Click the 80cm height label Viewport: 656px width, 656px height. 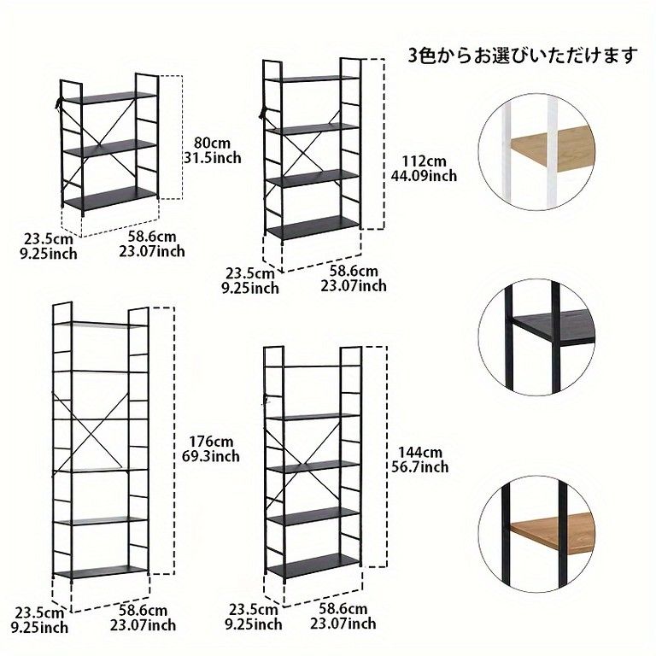(x=212, y=143)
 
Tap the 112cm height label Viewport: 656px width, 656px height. (x=425, y=161)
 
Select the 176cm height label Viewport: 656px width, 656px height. (x=212, y=442)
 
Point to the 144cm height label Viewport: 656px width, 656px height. (x=419, y=452)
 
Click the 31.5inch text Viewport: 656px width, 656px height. (x=213, y=158)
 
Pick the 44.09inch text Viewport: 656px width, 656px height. (x=424, y=176)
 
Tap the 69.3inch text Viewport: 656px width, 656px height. (x=211, y=456)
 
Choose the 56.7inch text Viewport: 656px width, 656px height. (x=419, y=467)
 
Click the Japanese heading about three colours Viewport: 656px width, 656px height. (x=523, y=56)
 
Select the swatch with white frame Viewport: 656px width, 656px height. (x=536, y=152)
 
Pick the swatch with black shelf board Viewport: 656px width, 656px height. (x=536, y=337)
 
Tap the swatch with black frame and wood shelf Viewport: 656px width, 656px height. (x=536, y=534)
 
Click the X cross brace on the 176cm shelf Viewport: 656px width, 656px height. (x=89, y=430)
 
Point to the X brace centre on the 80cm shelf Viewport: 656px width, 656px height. (x=100, y=144)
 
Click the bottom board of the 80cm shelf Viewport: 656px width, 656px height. (x=109, y=198)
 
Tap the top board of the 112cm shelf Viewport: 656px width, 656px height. (x=313, y=79)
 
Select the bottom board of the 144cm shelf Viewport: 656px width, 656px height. (x=313, y=565)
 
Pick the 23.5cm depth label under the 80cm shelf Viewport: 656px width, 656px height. (x=48, y=239)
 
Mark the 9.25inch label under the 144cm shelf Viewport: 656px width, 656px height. (x=254, y=624)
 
